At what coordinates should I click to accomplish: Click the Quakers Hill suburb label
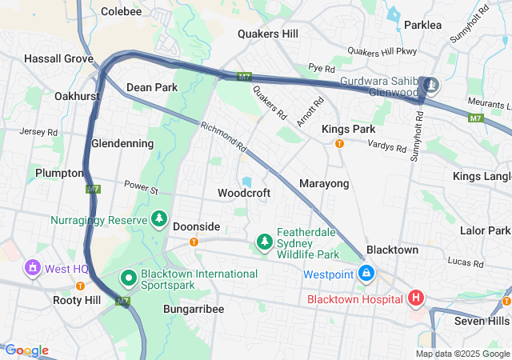click(268, 34)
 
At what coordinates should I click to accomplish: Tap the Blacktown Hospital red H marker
click(416, 299)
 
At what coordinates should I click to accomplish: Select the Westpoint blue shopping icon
click(366, 274)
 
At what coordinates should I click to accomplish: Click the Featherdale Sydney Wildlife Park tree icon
click(264, 241)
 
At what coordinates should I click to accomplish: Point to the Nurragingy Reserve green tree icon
click(159, 219)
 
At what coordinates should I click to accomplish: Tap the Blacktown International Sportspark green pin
click(128, 278)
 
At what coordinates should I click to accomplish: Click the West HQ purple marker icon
click(34, 267)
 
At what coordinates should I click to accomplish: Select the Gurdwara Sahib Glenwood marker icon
click(431, 85)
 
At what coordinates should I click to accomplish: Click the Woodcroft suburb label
click(244, 193)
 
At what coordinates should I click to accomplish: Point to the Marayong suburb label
click(324, 184)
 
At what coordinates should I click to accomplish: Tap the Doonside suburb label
click(196, 226)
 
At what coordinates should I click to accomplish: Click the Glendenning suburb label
click(122, 143)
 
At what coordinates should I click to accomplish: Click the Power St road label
click(142, 188)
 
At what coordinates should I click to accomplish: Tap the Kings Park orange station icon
click(339, 144)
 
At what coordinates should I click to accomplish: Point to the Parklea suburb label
click(422, 25)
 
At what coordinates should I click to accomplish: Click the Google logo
click(26, 350)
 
